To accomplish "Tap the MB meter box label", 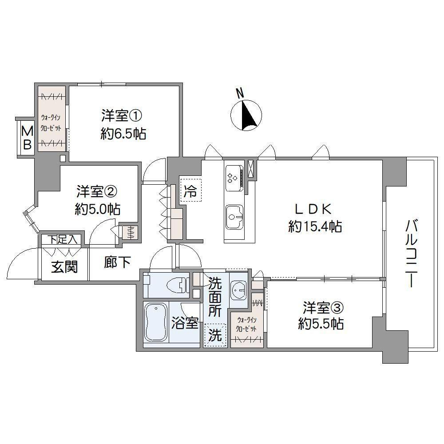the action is click(x=27, y=138).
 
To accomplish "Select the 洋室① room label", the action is click(x=122, y=116).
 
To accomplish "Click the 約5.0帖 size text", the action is click(x=98, y=210).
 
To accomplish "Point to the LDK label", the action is click(x=313, y=210).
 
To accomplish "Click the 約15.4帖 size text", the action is click(x=315, y=226).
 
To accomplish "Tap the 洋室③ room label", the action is click(x=323, y=308).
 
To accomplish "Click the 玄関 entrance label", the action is click(x=64, y=266).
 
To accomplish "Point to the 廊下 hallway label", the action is click(x=117, y=262).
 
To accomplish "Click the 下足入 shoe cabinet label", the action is click(x=62, y=240).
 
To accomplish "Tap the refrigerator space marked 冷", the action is click(x=190, y=190).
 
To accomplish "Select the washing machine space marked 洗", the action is click(x=215, y=335).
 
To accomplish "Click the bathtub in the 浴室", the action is click(x=155, y=322).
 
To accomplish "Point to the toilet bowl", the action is click(x=177, y=285).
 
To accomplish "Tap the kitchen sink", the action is click(x=234, y=217).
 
